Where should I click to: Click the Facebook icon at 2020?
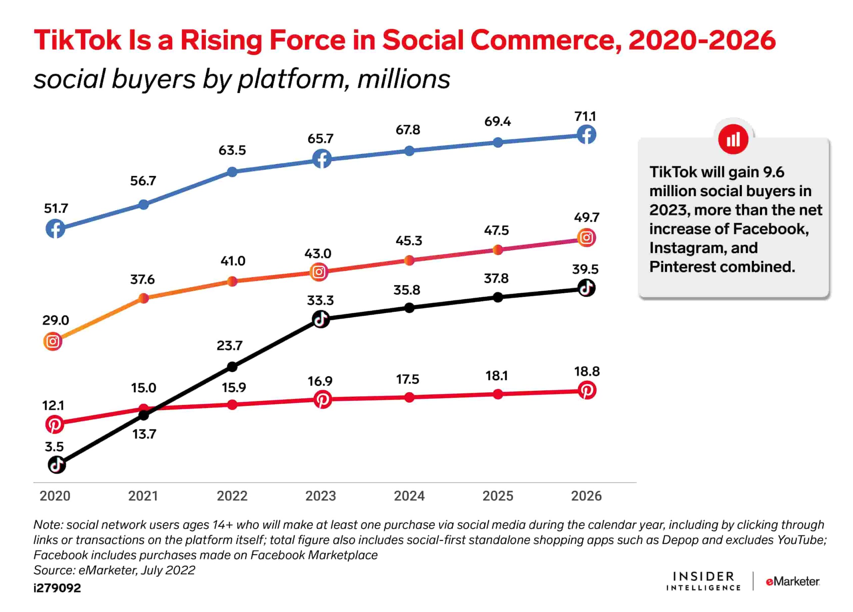[x=55, y=229]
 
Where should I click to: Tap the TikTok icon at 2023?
[x=321, y=319]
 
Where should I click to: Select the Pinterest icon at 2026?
[x=587, y=390]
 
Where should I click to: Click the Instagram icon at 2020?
[x=53, y=342]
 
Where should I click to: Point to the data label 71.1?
[x=585, y=117]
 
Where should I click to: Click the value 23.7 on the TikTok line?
[x=230, y=346]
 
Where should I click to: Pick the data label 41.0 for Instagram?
[x=233, y=261]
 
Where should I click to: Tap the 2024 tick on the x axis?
[x=409, y=496]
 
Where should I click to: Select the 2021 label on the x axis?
[x=143, y=496]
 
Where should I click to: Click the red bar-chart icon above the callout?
[x=733, y=140]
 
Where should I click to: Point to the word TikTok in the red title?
[x=78, y=40]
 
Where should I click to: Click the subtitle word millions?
[x=404, y=79]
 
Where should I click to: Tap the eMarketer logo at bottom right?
[x=792, y=582]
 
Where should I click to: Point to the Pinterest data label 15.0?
[x=143, y=388]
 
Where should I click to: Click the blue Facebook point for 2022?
[x=233, y=172]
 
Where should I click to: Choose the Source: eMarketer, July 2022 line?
[x=114, y=570]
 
